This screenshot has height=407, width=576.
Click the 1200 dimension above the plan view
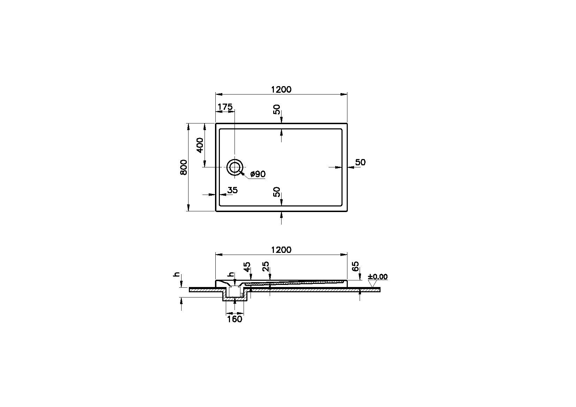pos(281,90)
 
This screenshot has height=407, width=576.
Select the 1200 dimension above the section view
pos(281,250)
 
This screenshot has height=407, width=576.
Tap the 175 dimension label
pos(225,107)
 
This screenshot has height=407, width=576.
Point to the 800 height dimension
pos(184,167)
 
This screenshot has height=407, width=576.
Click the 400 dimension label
pos(200,145)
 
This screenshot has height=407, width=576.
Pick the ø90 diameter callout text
pos(258,174)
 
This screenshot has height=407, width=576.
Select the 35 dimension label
pos(232,190)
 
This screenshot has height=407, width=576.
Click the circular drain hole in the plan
pos(235,167)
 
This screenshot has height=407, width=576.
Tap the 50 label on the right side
pos(360,162)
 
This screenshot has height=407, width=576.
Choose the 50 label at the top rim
pos(277,110)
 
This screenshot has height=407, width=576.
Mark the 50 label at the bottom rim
pos(277,192)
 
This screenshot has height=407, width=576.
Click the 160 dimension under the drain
pos(235,319)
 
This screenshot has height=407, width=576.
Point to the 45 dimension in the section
pos(247,267)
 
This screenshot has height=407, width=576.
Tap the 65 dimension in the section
pos(355,266)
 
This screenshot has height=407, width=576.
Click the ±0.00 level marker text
pos(378,277)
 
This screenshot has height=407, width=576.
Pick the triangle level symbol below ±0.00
pos(373,284)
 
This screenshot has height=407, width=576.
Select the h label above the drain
pos(232,274)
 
